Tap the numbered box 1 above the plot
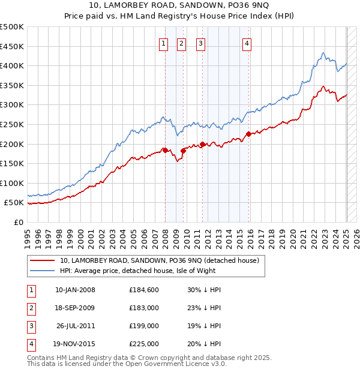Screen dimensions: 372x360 (163, 43)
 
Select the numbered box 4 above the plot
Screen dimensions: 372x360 (247, 43)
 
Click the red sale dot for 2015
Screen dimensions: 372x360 (248, 134)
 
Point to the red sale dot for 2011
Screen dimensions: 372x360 (202, 144)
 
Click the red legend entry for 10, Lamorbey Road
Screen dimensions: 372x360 (159, 260)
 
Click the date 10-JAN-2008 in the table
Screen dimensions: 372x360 (75, 290)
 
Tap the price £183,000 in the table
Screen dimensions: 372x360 (144, 308)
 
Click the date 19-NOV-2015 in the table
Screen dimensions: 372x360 (75, 344)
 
